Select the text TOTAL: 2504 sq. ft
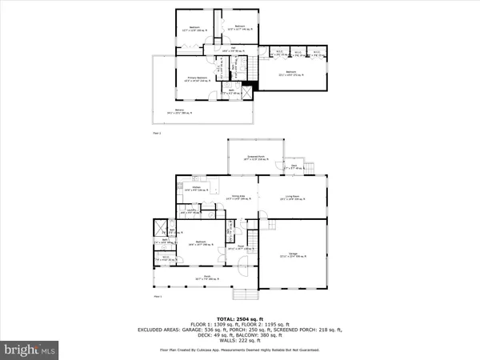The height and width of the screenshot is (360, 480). pos(239,310)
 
